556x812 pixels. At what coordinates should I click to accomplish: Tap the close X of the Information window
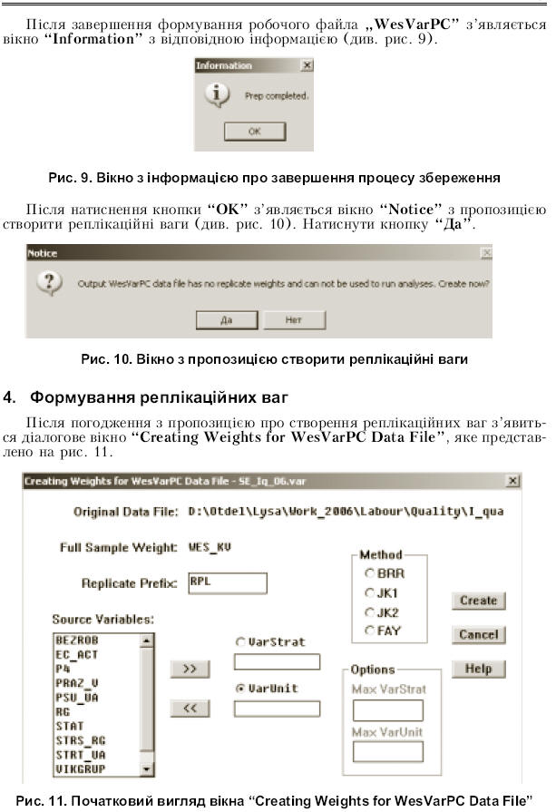tap(307, 66)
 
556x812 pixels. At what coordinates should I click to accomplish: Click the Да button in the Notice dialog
tap(227, 320)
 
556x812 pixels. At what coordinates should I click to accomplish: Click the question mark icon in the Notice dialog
tap(47, 284)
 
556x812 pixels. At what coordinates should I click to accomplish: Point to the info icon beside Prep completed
tap(214, 93)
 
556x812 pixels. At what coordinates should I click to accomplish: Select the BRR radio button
tap(369, 573)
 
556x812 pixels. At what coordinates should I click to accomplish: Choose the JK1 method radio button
tap(369, 592)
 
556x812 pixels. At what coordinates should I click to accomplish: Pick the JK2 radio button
tap(369, 611)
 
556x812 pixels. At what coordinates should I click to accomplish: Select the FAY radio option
tap(369, 631)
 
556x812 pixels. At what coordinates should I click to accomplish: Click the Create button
tap(478, 601)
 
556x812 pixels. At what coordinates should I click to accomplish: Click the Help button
tap(478, 669)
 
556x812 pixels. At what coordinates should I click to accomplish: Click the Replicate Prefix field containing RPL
tap(228, 582)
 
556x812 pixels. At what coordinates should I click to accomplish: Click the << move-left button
tap(190, 709)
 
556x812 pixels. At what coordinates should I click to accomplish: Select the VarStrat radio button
tap(240, 641)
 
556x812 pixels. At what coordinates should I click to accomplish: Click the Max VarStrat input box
tap(387, 709)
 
